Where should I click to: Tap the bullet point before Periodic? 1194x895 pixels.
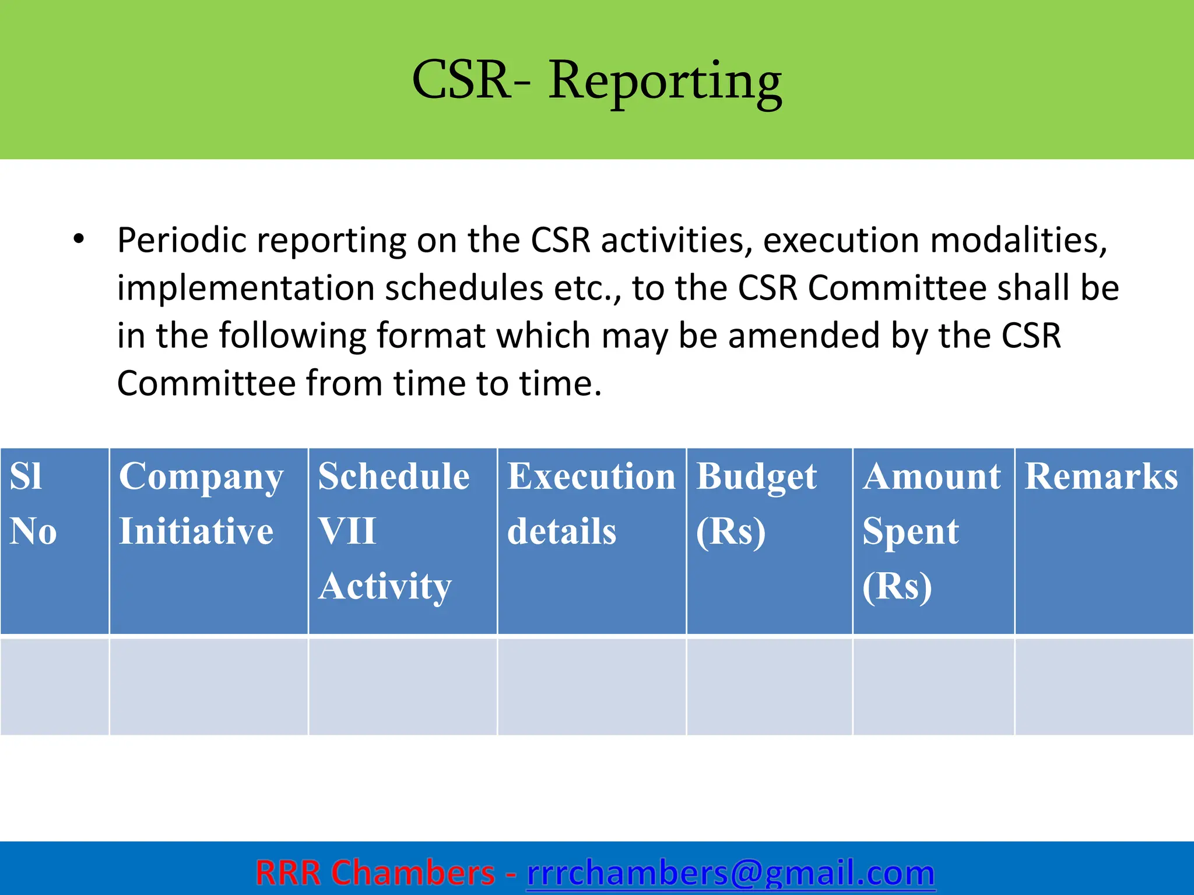coord(79,239)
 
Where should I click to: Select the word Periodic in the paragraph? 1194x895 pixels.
coord(181,241)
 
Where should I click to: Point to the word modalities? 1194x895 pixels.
coord(1018,241)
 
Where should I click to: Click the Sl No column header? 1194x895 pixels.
coord(54,540)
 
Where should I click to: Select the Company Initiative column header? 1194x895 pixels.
coord(208,540)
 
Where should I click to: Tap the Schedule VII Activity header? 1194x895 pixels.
coord(402,540)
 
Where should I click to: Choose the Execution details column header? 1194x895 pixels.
coord(591,540)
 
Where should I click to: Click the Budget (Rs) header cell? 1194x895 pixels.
coord(769,540)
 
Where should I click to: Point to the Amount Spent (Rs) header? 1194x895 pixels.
coord(933,540)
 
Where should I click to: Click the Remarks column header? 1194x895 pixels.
coord(1103,540)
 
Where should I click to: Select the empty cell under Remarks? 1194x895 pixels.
coord(1103,686)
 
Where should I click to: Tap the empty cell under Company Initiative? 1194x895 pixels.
coord(208,686)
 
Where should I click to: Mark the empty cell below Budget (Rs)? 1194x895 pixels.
coord(769,686)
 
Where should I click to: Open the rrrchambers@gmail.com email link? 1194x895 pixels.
coord(731,873)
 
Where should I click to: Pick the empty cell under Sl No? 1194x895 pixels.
coord(54,686)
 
